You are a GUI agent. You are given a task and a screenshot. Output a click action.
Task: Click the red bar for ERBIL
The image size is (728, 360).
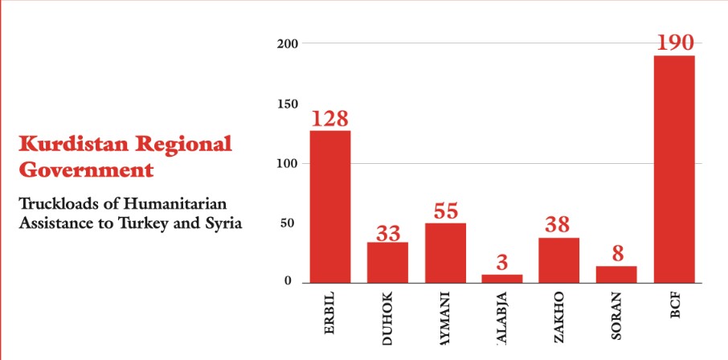[329, 206]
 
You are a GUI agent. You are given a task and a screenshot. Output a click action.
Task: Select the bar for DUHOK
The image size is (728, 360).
[387, 262]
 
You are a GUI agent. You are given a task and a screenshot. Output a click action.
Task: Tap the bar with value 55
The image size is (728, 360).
[445, 252]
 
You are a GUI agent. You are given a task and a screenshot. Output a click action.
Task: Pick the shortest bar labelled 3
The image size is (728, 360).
[502, 278]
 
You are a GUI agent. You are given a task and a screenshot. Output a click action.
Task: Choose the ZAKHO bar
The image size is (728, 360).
[559, 260]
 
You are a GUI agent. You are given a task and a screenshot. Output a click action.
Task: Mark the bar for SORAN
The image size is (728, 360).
[616, 274]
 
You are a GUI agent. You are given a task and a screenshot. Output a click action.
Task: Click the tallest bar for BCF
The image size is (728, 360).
[674, 169]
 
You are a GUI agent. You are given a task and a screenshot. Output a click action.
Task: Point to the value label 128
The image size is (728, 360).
[329, 118]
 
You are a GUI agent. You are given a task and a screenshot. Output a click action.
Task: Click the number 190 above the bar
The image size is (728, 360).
[674, 43]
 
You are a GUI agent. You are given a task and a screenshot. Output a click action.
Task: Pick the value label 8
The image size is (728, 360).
[616, 255]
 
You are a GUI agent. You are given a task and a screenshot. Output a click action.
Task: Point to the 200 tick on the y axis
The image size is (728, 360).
[288, 43]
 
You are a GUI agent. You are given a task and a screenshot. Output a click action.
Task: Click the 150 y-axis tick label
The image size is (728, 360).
[288, 104]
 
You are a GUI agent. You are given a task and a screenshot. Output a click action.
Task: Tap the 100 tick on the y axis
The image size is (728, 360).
[288, 164]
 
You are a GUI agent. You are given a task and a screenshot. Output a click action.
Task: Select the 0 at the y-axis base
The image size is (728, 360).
[287, 282]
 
